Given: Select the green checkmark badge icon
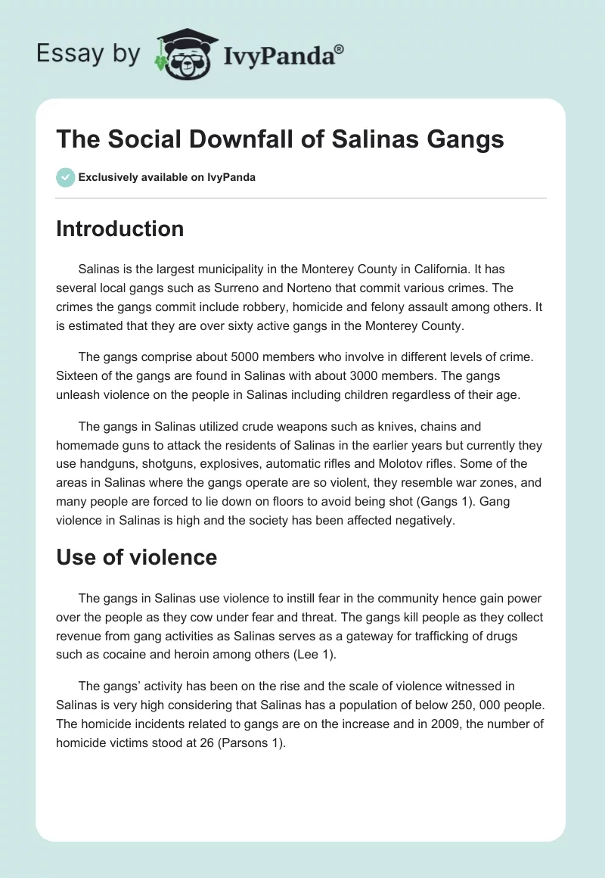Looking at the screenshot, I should pyautogui.click(x=65, y=177).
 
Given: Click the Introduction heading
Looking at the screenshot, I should pyautogui.click(x=119, y=229).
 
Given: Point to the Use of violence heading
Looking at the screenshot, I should pyautogui.click(x=136, y=558).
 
